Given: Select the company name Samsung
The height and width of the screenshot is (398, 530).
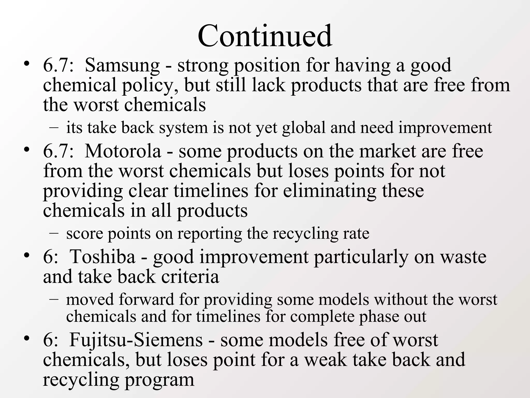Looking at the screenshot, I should point(122,65).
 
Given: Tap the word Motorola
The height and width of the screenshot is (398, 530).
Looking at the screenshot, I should point(123,151).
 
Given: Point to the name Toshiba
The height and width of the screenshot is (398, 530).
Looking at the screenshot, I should point(102,257).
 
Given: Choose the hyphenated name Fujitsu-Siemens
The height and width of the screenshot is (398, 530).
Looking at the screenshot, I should point(136,340).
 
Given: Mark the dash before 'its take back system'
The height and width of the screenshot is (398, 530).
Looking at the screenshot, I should point(54,127).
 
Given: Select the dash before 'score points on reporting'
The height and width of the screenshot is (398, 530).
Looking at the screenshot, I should point(54,233).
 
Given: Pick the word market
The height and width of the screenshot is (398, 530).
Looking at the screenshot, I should point(387,151).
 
